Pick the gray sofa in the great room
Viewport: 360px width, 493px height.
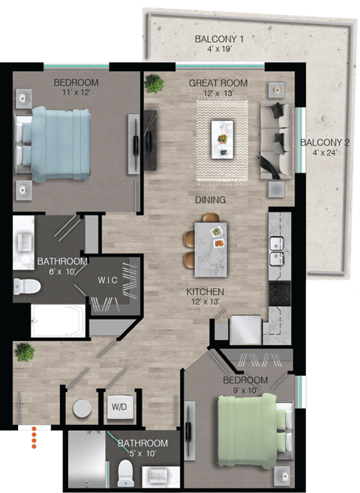pos(274,141)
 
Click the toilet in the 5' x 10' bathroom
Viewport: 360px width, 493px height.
pos(125,471)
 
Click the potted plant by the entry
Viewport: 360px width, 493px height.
pos(25,351)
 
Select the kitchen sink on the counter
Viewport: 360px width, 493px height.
pos(276,244)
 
